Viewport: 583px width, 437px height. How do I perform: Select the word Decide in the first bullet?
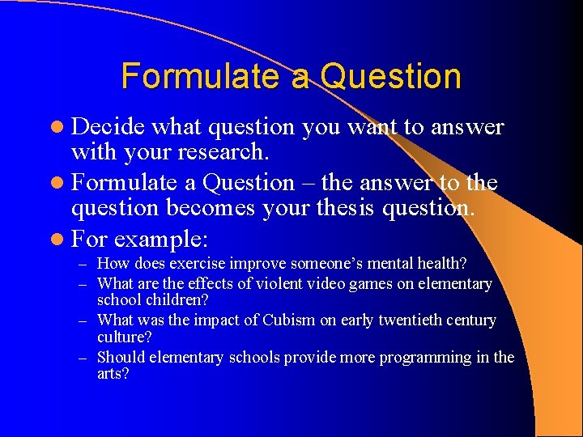tap(108, 127)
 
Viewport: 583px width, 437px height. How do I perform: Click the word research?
tap(239, 151)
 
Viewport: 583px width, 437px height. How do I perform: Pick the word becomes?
tap(209, 209)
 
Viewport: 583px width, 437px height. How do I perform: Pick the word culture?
tap(118, 337)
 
